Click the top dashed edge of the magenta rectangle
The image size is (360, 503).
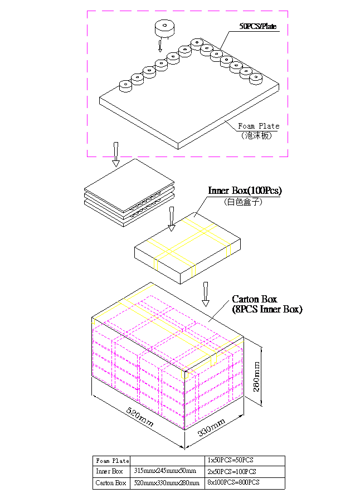coord(187,11)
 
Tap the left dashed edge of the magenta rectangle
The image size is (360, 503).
coord(87,84)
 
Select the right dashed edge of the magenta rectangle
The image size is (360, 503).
coord(288,84)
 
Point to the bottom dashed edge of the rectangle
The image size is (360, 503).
coord(187,157)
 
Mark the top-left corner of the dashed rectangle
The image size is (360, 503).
coord(87,11)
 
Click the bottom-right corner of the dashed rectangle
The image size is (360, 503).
coord(288,157)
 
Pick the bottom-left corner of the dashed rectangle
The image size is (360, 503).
coord(87,157)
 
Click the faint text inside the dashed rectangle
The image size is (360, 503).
coord(258,26)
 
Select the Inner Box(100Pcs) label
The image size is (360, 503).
coord(245,191)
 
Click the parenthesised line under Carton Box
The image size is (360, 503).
coord(267,309)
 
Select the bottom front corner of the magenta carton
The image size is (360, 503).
coord(183,428)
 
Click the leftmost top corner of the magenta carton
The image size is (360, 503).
coord(93,328)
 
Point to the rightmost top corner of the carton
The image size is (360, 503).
coord(242,348)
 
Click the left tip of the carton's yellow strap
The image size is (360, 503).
coord(93,322)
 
